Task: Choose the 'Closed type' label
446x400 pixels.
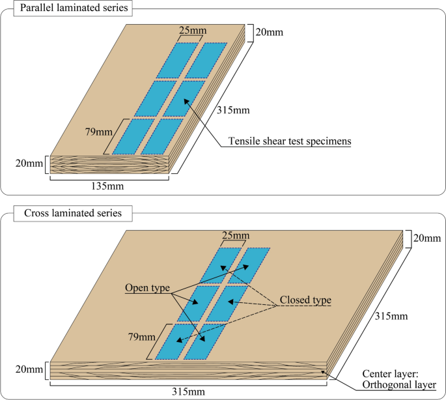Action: tap(305, 300)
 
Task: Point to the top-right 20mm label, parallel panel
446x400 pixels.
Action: tap(266, 31)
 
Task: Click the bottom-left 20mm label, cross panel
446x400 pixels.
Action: tap(27, 369)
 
